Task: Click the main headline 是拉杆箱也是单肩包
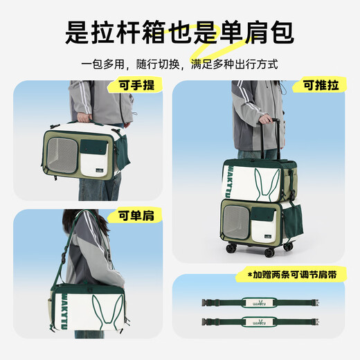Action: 179,30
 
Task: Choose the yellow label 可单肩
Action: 137,215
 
